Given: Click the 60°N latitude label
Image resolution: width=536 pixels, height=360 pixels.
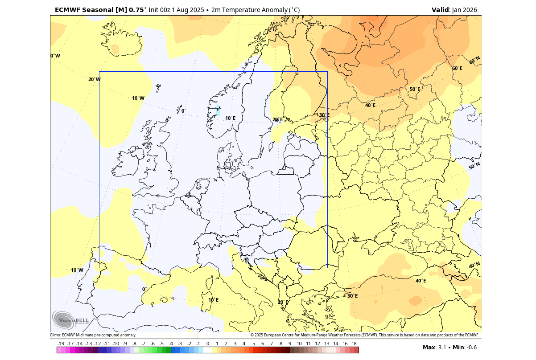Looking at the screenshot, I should pyautogui.click(x=474, y=59).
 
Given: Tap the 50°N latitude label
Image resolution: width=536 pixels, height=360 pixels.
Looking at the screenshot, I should pyautogui.click(x=474, y=166).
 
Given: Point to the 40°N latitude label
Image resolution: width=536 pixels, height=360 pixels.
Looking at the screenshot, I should pyautogui.click(x=474, y=265).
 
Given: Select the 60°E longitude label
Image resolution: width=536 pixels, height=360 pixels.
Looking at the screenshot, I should pyautogui.click(x=457, y=68).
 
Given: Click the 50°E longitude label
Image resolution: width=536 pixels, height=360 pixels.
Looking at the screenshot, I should pyautogui.click(x=415, y=89).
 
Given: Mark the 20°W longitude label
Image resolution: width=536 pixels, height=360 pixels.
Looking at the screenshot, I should pyautogui.click(x=94, y=79).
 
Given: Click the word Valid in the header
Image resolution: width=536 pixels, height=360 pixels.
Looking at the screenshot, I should pyautogui.click(x=441, y=10).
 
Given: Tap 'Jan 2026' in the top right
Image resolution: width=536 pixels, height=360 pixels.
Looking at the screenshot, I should pyautogui.click(x=464, y=10).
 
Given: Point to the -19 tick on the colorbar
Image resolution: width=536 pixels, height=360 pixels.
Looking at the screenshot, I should pyautogui.click(x=61, y=344).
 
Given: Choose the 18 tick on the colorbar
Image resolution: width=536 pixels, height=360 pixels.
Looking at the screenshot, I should pyautogui.click(x=354, y=344).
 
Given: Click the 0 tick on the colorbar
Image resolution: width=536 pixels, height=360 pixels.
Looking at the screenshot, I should pyautogui.click(x=208, y=344).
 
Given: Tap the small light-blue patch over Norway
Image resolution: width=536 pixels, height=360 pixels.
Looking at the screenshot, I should pyautogui.click(x=218, y=111).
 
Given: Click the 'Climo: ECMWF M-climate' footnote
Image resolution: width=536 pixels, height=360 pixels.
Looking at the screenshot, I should pyautogui.click(x=93, y=335).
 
